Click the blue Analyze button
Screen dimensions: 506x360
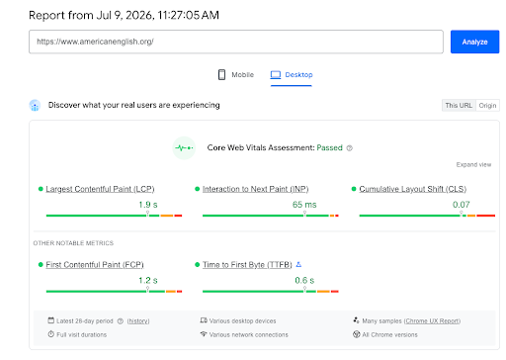[474, 42]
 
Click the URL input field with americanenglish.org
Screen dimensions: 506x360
[236, 42]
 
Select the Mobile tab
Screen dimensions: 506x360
[236, 75]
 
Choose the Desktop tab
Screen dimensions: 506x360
[292, 75]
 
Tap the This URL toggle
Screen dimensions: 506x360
[459, 106]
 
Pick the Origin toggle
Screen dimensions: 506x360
[487, 106]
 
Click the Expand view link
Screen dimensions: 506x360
[473, 164]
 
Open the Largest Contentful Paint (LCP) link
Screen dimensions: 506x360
[100, 189]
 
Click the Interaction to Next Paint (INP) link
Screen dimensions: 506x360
[256, 189]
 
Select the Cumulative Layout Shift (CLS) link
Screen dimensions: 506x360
[413, 189]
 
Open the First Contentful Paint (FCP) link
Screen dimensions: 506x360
[95, 265]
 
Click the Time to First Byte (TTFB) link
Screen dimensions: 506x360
[247, 265]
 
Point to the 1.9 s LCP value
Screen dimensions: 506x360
[148, 205]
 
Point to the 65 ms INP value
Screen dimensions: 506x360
[304, 205]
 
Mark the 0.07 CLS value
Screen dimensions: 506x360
[462, 205]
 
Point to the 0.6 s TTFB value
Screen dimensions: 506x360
[304, 281]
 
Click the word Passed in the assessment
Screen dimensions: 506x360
[329, 147]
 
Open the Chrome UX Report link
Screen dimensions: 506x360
[432, 320]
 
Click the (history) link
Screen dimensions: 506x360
[138, 321]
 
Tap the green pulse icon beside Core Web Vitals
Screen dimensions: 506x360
[184, 148]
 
